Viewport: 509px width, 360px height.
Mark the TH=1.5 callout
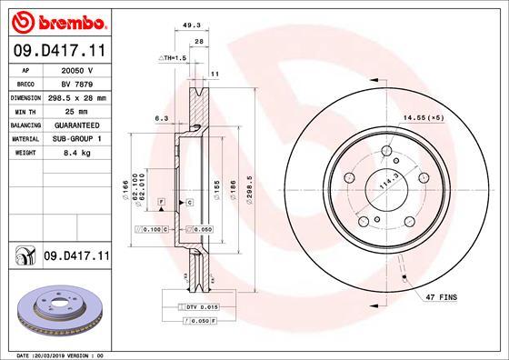click(173, 57)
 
